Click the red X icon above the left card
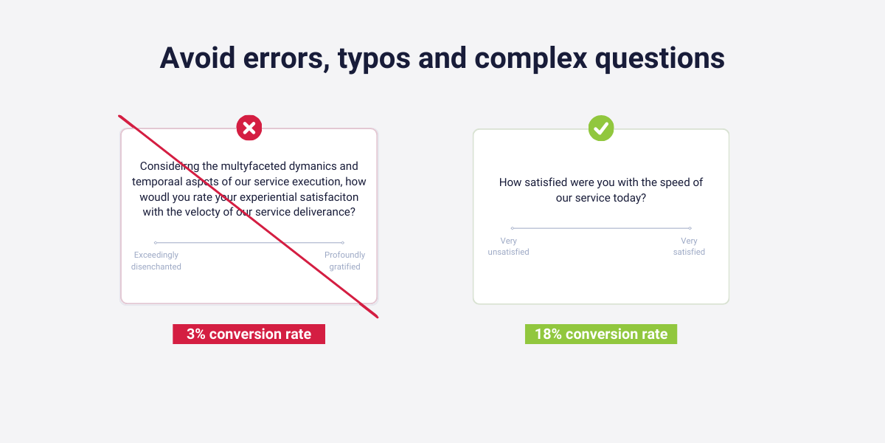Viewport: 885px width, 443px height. coord(249,128)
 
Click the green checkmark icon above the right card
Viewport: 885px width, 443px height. coord(601,128)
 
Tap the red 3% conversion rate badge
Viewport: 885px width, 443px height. coord(249,334)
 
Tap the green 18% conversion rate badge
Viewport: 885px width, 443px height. coord(601,334)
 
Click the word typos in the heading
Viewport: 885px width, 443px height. coord(374,59)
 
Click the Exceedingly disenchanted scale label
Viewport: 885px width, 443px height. coord(156,261)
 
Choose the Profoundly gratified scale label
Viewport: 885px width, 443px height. coord(344,261)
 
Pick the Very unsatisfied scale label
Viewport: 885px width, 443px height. coord(508,247)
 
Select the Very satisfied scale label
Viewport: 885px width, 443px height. coord(689,247)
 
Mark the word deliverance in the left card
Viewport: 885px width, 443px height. coord(324,212)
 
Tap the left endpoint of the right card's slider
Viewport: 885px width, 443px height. coord(512,228)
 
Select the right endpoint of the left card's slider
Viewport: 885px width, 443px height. coord(343,242)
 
